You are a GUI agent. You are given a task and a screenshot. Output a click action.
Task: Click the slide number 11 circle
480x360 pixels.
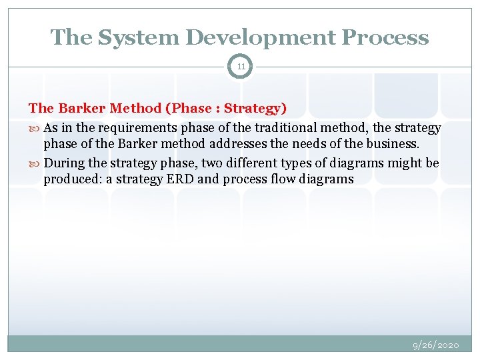coord(240,67)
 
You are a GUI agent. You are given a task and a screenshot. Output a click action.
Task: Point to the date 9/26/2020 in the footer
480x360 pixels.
coord(436,345)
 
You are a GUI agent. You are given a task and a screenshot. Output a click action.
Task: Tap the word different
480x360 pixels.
coord(237,163)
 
